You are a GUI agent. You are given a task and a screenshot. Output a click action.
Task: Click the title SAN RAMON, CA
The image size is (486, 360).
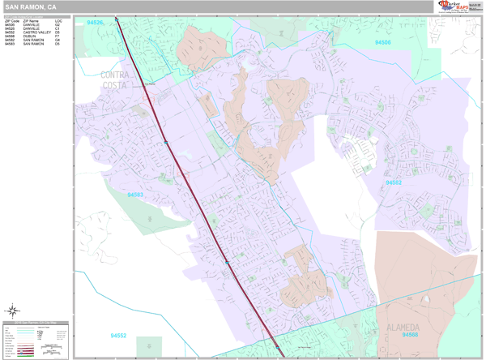click(x=30, y=6)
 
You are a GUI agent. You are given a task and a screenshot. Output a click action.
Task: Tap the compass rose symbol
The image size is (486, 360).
click(x=13, y=310)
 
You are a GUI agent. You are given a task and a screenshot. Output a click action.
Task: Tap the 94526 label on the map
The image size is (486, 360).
click(x=95, y=23)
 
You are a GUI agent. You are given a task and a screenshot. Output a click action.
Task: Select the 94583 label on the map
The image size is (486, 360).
click(x=134, y=195)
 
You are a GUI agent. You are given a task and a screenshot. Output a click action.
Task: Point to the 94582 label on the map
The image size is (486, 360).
click(x=394, y=182)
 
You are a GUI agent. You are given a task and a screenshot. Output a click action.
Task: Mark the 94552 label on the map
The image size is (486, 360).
click(x=121, y=335)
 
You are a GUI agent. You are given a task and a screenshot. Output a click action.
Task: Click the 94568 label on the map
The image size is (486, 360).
click(x=411, y=334)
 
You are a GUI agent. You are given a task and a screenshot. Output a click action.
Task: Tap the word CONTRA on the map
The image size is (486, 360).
click(x=116, y=75)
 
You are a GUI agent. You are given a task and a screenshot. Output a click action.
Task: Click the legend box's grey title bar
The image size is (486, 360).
click(x=37, y=323)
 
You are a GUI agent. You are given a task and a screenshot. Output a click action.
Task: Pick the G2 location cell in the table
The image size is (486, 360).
click(x=57, y=24)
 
